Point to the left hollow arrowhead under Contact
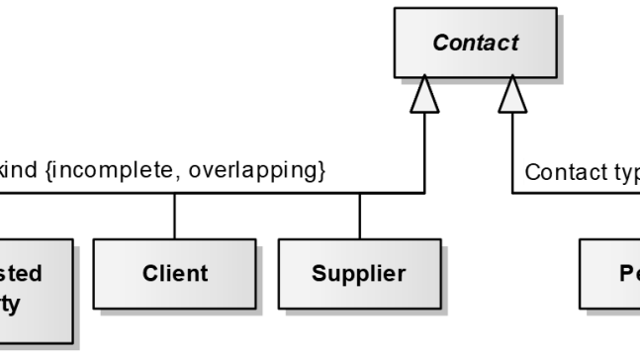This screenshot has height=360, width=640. (x=425, y=96)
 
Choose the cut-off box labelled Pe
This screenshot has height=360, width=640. (x=607, y=272)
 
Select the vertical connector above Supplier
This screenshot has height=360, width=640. (x=359, y=216)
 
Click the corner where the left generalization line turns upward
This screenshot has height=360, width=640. (x=425, y=193)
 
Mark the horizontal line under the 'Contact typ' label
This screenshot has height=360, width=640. (x=574, y=193)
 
